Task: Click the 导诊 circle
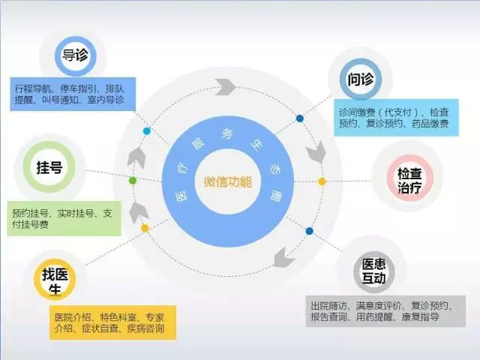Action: click(75, 56)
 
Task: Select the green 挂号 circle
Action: click(49, 167)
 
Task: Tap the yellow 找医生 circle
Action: click(55, 279)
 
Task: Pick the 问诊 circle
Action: click(361, 79)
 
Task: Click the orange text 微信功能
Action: click(228, 182)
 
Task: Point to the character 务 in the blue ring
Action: click(228, 133)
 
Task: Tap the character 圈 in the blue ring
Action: click(276, 196)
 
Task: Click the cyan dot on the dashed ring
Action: click(147, 131)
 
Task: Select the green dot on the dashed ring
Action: click(133, 181)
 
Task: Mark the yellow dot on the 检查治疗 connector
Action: click(322, 181)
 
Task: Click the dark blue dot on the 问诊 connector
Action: click(300, 118)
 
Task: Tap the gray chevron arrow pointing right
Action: click(225, 87)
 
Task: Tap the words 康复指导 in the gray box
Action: click(420, 316)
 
